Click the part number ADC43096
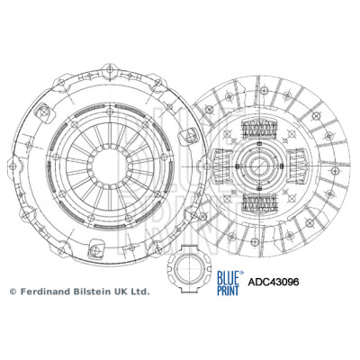[x=273, y=282]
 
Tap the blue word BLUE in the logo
[x=228, y=277]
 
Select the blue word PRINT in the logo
[x=228, y=291]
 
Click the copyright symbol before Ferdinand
[x=13, y=292]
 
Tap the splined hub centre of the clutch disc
[x=258, y=166]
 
